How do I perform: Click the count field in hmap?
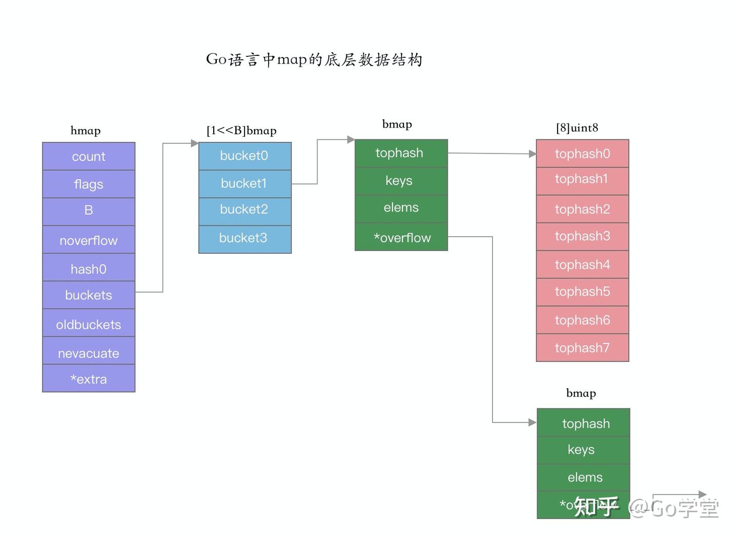click(x=89, y=156)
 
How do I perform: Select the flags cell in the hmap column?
click(x=89, y=184)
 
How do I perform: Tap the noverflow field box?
click(x=89, y=240)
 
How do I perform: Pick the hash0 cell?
click(x=89, y=268)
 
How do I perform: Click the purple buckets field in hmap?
click(x=89, y=295)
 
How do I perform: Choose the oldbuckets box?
click(x=89, y=324)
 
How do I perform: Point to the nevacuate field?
click(x=89, y=353)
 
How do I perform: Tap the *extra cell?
click(x=89, y=379)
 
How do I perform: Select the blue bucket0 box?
click(x=244, y=156)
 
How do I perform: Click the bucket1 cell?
click(x=244, y=183)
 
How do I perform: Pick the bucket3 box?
click(x=244, y=238)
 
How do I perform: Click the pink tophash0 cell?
click(x=582, y=153)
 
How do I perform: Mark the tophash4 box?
click(x=582, y=264)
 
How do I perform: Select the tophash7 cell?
click(x=582, y=348)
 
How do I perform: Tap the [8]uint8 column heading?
click(x=577, y=128)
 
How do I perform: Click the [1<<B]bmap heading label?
click(x=241, y=131)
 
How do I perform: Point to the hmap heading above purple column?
click(x=86, y=131)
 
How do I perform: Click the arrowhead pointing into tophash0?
click(x=532, y=153)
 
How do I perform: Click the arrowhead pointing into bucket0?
click(x=195, y=143)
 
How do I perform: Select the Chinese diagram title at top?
click(x=314, y=59)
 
